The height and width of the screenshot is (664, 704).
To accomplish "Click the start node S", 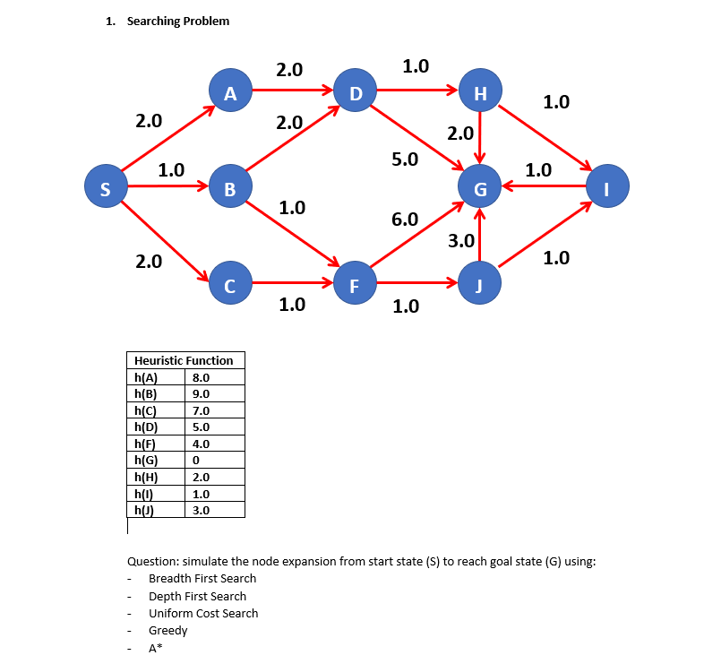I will [x=106, y=188].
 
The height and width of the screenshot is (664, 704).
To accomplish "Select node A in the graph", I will [x=230, y=91].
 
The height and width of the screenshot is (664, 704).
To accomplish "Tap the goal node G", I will [x=480, y=188].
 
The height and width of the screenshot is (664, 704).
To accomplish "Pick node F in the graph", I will [x=355, y=286].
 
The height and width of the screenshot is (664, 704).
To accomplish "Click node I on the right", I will [x=607, y=188].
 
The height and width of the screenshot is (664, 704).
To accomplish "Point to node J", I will [x=480, y=286].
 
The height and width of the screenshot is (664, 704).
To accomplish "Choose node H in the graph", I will [x=480, y=91].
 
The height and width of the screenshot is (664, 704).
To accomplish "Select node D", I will [x=355, y=91].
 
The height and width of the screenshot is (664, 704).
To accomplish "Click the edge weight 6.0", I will [x=404, y=219].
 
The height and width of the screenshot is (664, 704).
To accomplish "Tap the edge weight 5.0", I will [x=404, y=160].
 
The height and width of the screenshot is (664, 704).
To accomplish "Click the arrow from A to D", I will [x=292, y=91].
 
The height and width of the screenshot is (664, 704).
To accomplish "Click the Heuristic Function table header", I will [x=183, y=360].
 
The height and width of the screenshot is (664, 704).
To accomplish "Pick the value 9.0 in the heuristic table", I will [x=201, y=393].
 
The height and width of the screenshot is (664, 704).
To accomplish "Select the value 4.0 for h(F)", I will [x=201, y=444].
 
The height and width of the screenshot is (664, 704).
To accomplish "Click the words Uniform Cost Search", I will [x=203, y=613].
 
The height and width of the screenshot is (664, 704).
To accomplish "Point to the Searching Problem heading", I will [x=177, y=21].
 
